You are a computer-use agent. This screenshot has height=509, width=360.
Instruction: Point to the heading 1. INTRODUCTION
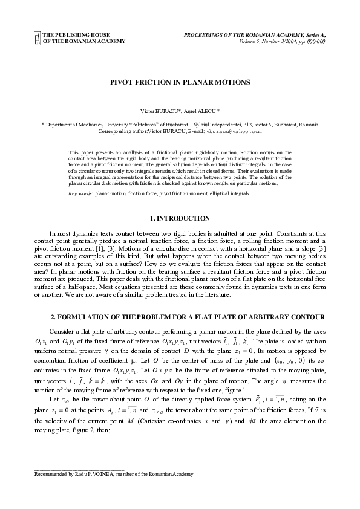click(180, 218)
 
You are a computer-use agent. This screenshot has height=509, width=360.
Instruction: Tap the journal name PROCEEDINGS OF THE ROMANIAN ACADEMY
click(245, 36)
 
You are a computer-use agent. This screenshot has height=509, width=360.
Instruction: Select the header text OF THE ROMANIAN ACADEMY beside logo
click(85, 42)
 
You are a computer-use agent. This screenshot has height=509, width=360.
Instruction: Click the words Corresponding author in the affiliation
click(121, 131)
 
